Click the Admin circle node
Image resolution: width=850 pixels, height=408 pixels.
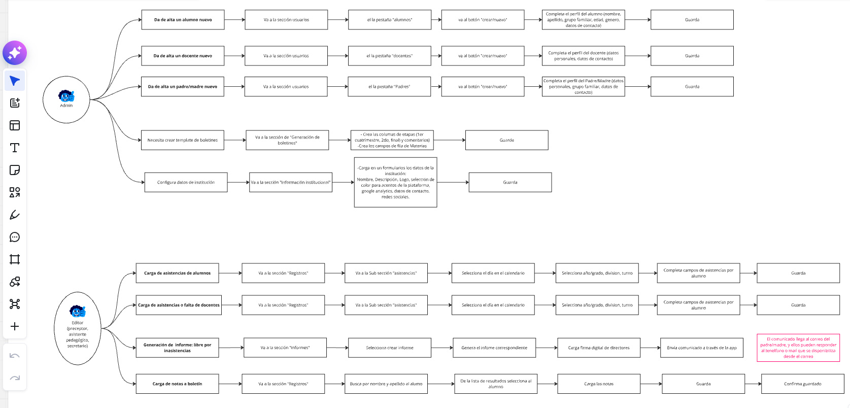(x=66, y=99)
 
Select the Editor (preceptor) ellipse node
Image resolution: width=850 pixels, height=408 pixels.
(x=78, y=328)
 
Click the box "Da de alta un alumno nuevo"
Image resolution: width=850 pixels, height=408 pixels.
(x=183, y=20)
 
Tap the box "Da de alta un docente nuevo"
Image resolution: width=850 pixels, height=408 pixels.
(x=183, y=56)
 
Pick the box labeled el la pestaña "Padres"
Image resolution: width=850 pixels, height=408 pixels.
(x=389, y=87)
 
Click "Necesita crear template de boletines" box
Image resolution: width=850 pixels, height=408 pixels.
(x=183, y=140)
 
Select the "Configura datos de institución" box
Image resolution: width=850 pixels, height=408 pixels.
(x=186, y=182)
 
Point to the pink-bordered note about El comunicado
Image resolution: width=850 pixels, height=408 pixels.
(x=798, y=348)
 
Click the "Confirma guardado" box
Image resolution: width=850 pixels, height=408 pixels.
(x=803, y=384)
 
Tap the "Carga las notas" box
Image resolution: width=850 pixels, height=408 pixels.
(x=599, y=384)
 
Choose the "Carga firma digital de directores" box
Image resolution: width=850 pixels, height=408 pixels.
(x=599, y=348)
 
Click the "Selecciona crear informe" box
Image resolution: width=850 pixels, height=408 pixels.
(x=390, y=348)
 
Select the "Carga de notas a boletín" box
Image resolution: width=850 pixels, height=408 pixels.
(x=177, y=384)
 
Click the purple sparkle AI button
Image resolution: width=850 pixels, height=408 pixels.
(x=15, y=53)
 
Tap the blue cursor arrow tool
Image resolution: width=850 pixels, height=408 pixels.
(x=15, y=81)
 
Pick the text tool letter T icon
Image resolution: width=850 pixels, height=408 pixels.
(x=15, y=148)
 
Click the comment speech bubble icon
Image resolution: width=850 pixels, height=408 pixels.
(x=15, y=237)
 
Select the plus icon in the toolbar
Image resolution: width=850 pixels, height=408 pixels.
(x=15, y=326)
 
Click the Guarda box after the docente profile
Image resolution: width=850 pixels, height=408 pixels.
(x=692, y=56)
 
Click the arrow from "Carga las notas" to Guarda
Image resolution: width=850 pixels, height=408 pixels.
(x=651, y=384)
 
